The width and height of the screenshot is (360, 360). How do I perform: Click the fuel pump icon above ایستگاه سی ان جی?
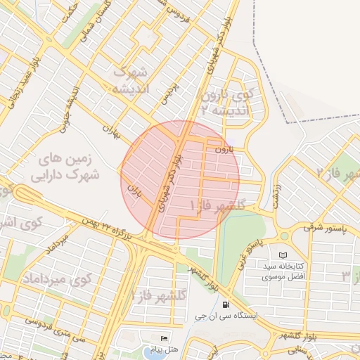(x=225, y=304)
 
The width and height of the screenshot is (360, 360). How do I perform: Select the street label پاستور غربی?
(x=252, y=247)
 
